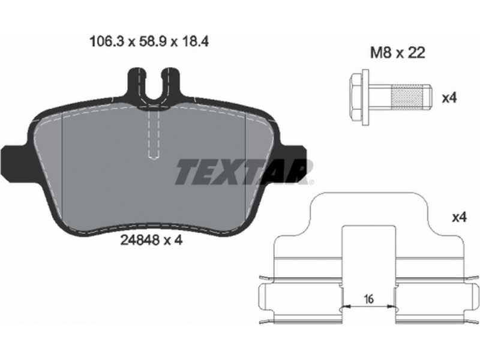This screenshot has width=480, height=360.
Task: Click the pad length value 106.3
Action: pos(106,42)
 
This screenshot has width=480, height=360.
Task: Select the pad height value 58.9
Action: pos(152,42)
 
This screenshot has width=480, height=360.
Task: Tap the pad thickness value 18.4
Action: pos(194,42)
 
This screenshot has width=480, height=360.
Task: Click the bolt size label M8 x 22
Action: pos(397,53)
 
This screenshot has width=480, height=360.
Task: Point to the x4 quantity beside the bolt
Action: pos(449,98)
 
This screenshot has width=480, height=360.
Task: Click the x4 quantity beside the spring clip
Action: pos(459,217)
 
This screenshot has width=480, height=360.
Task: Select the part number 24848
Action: pos(140,241)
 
